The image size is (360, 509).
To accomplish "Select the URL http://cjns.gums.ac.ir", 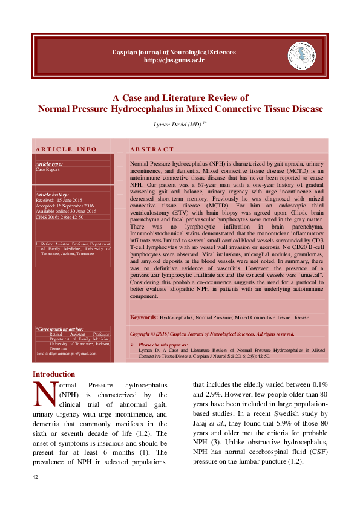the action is click(174, 60).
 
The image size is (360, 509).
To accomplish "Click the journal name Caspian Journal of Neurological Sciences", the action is click(174, 52).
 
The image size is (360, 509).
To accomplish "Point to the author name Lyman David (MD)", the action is click(176, 124).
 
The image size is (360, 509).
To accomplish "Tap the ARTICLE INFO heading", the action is click(66, 149).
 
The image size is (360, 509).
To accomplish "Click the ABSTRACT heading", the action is click(152, 149).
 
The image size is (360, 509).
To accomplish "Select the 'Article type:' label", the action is click(49, 164).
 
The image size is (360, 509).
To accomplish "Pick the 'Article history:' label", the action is click(52, 195).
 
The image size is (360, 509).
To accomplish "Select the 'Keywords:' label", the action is click(144, 317).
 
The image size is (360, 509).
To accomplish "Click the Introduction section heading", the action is click(54, 374).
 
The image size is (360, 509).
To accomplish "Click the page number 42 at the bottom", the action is click(36, 478).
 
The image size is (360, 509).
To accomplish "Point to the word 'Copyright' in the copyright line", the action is click(142, 334).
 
